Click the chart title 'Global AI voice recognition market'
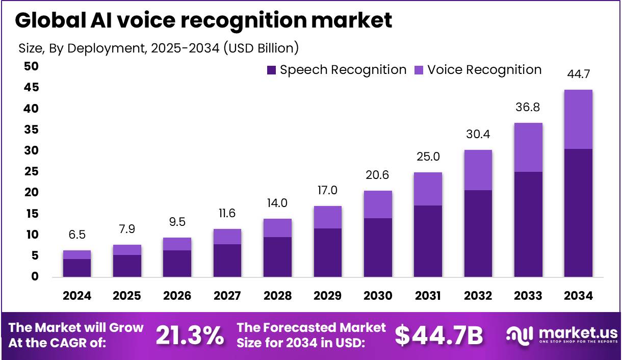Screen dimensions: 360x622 tap(203, 20)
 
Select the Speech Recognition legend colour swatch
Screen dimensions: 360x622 tap(272, 70)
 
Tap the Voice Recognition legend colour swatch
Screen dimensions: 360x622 tap(419, 70)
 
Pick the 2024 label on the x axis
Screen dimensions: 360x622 tap(77, 296)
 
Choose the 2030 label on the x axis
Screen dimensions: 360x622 tap(378, 296)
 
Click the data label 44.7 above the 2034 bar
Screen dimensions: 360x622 tap(578, 75)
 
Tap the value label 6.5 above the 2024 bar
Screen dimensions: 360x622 tap(77, 236)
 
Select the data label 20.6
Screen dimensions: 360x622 tap(378, 175)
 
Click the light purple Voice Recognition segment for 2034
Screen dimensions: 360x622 tap(578, 119)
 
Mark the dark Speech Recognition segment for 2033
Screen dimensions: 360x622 tap(528, 224)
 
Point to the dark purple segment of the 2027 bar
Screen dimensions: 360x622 tap(227, 261)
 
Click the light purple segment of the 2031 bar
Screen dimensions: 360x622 tap(428, 189)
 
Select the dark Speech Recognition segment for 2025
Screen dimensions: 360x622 tap(127, 266)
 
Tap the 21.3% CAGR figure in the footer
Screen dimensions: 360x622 tap(190, 336)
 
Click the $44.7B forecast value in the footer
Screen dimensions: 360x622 tap(439, 336)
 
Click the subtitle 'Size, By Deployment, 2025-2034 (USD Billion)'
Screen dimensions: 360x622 tap(159, 48)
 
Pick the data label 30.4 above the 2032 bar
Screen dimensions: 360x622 tap(478, 134)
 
